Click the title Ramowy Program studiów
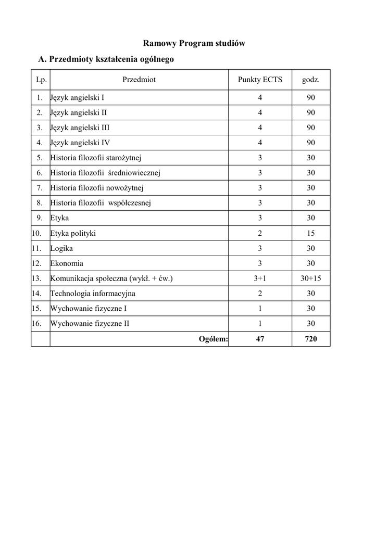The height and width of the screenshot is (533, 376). point(194,43)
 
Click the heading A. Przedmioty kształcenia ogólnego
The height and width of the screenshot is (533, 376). point(106,59)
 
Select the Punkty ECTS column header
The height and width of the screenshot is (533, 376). point(260,80)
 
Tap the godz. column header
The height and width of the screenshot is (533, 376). point(311,80)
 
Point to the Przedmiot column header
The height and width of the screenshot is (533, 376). point(139,80)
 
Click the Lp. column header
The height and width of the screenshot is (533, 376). point(41,80)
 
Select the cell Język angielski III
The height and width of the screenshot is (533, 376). point(80,128)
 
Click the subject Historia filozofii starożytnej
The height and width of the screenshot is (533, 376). point(96,158)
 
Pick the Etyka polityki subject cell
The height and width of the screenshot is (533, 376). point(73,233)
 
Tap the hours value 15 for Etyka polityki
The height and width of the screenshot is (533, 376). point(311,233)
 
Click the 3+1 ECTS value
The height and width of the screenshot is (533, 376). point(260,278)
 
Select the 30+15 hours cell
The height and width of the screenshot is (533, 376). point(311,278)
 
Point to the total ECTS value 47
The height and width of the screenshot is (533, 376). point(260,339)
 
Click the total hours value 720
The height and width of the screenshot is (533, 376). point(311,339)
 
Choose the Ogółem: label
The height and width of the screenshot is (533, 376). point(214,339)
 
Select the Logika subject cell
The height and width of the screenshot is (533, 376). point(62,248)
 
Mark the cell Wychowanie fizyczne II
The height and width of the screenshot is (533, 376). point(90,324)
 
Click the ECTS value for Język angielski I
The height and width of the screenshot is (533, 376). point(260,97)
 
